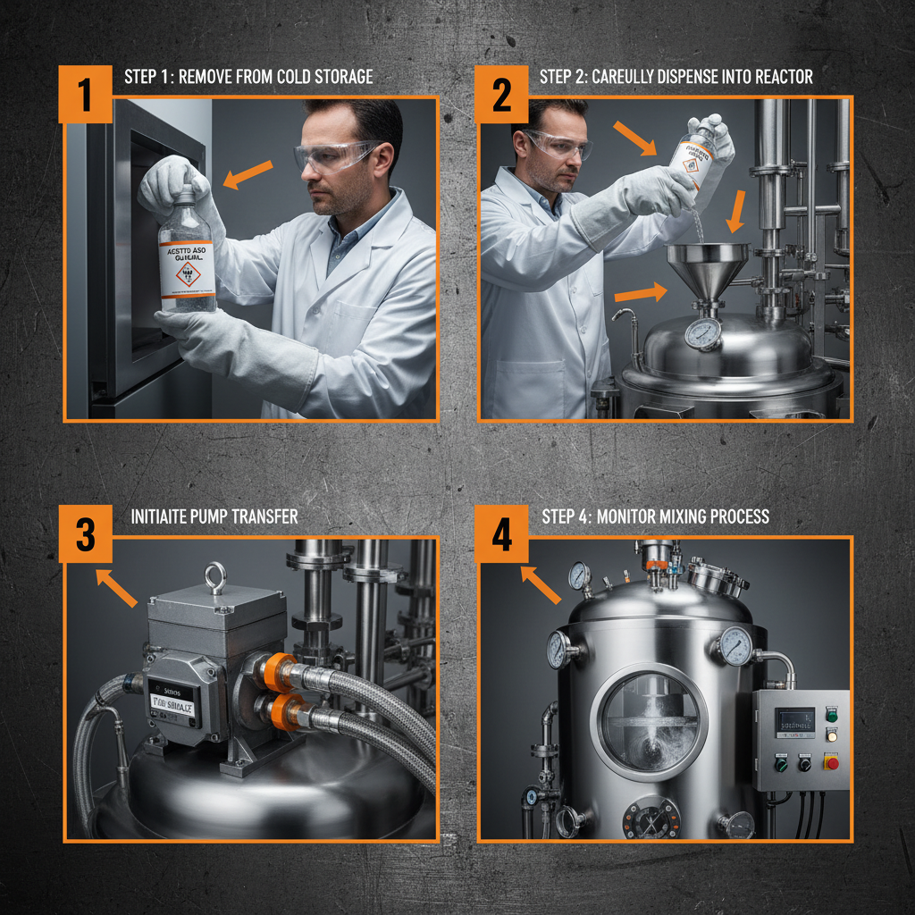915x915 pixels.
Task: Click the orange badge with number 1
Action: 85,94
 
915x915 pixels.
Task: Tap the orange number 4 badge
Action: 502,534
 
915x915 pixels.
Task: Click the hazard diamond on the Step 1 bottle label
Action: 189,273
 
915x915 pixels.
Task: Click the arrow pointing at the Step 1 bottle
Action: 247,174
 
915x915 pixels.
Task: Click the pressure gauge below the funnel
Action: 703,334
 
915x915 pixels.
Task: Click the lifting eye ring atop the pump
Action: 214,577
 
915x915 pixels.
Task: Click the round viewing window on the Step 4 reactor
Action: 652,721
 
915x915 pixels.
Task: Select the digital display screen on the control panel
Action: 793,721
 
